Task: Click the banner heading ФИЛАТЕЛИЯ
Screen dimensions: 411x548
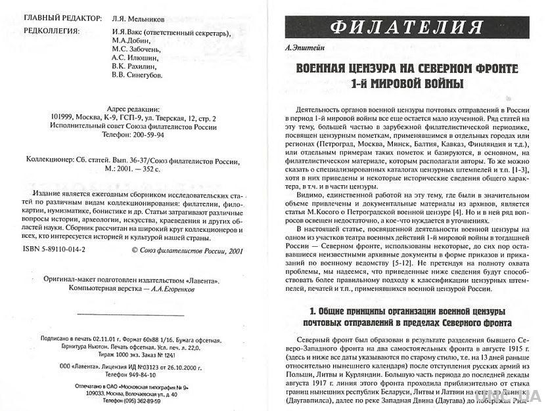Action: tap(412, 28)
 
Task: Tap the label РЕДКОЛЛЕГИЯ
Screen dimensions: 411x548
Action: tap(51, 30)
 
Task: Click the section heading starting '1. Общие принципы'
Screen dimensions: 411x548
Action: tap(407, 316)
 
